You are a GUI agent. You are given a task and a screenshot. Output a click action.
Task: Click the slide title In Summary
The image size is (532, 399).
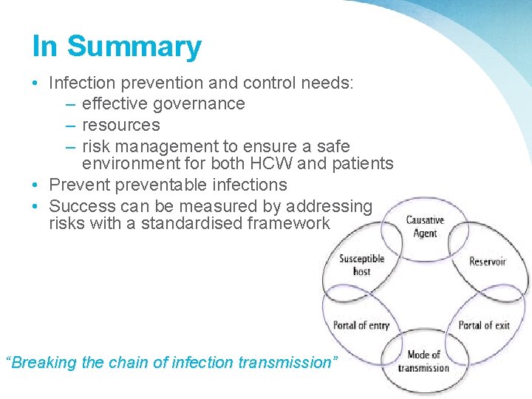tap(117, 47)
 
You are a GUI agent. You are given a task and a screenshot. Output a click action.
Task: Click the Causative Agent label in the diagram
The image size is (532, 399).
tap(425, 227)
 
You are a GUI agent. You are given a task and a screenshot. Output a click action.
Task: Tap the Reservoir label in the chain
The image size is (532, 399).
tap(488, 262)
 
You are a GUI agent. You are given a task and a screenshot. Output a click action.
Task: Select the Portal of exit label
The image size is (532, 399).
tap(484, 325)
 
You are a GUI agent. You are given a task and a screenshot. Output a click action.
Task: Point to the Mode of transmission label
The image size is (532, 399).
tap(423, 361)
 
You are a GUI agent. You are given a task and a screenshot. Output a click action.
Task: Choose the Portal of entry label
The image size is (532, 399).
tap(361, 325)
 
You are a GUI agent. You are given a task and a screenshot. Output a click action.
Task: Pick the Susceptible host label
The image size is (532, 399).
tap(362, 265)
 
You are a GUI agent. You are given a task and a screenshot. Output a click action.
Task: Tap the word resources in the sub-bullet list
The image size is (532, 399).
tap(120, 124)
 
